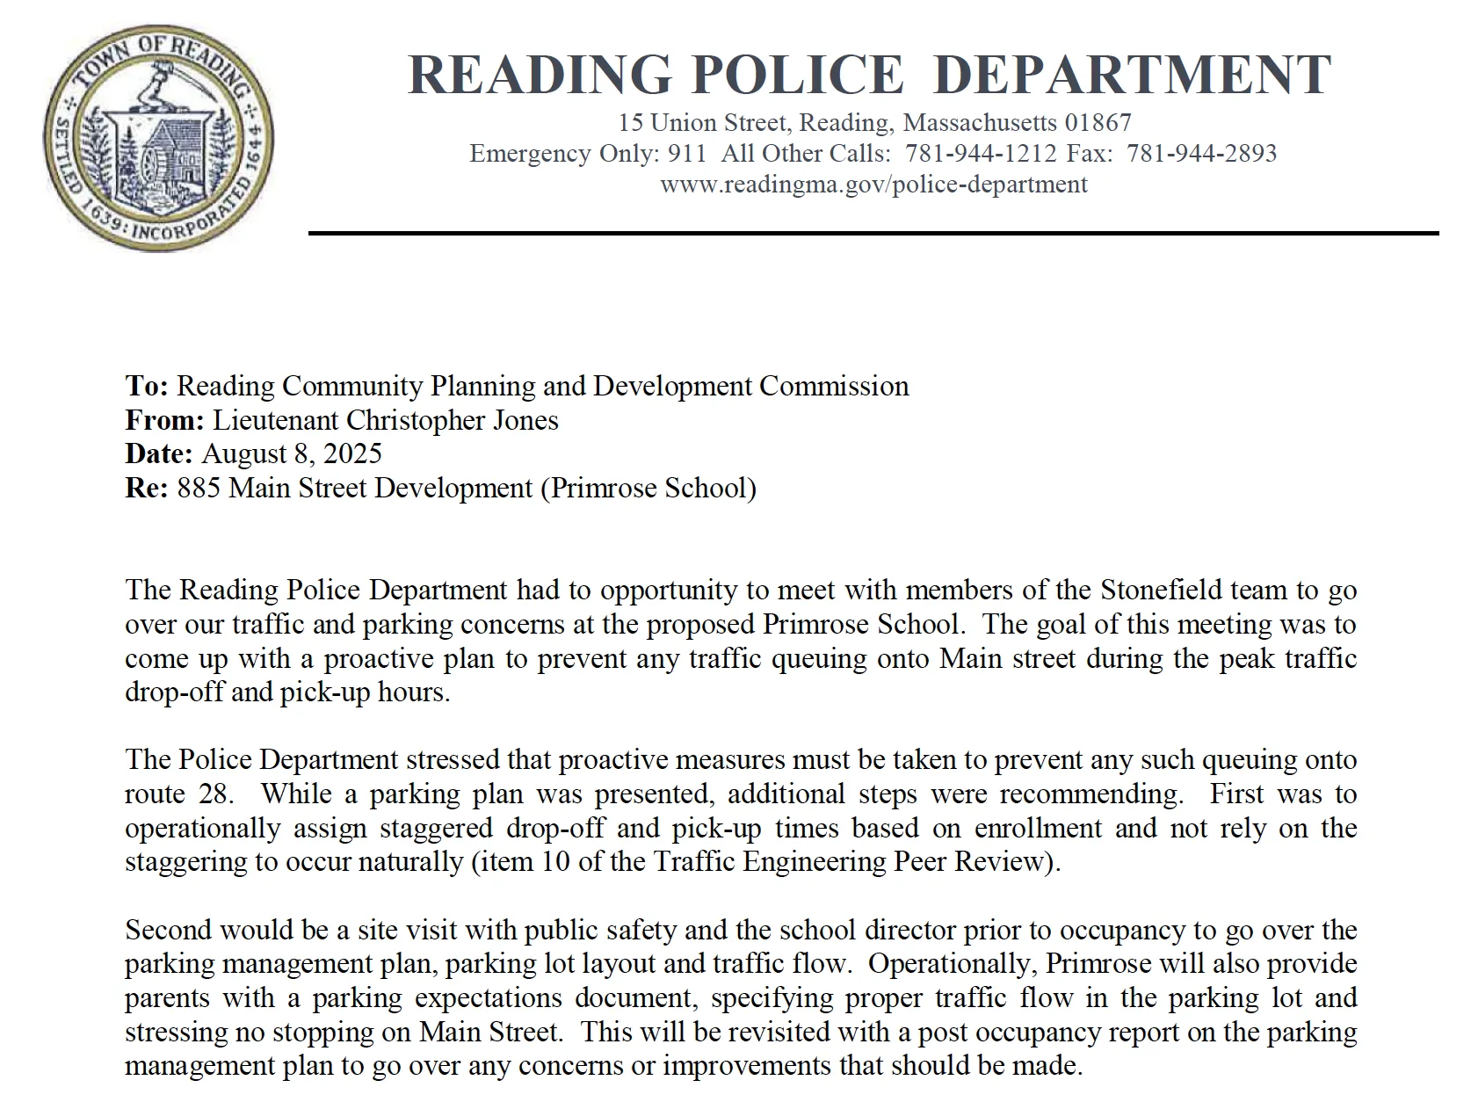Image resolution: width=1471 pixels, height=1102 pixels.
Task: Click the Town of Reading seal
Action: pyautogui.click(x=159, y=138)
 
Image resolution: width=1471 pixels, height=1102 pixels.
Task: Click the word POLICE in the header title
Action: pyautogui.click(x=797, y=74)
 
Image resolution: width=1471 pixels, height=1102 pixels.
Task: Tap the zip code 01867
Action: pyautogui.click(x=1098, y=123)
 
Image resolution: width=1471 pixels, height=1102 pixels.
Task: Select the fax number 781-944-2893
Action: pyautogui.click(x=1201, y=154)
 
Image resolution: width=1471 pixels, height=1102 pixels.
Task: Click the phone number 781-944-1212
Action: pyautogui.click(x=981, y=154)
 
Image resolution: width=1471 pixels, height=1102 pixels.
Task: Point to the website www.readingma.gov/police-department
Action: pyautogui.click(x=873, y=185)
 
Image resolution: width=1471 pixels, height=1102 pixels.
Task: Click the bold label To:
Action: pyautogui.click(x=147, y=386)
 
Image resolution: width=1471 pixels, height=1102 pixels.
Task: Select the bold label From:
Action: pyautogui.click(x=164, y=420)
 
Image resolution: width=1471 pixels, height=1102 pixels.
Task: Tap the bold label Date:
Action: pyautogui.click(x=159, y=453)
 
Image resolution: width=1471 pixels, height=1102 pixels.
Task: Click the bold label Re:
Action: pyautogui.click(x=147, y=488)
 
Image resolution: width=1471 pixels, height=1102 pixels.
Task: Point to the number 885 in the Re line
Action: pyautogui.click(x=199, y=488)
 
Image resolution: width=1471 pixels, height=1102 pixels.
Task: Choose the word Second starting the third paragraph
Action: pyautogui.click(x=169, y=930)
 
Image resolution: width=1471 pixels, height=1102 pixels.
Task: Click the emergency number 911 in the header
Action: pyautogui.click(x=687, y=154)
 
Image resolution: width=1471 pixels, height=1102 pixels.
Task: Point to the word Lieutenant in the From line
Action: pyautogui.click(x=276, y=420)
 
